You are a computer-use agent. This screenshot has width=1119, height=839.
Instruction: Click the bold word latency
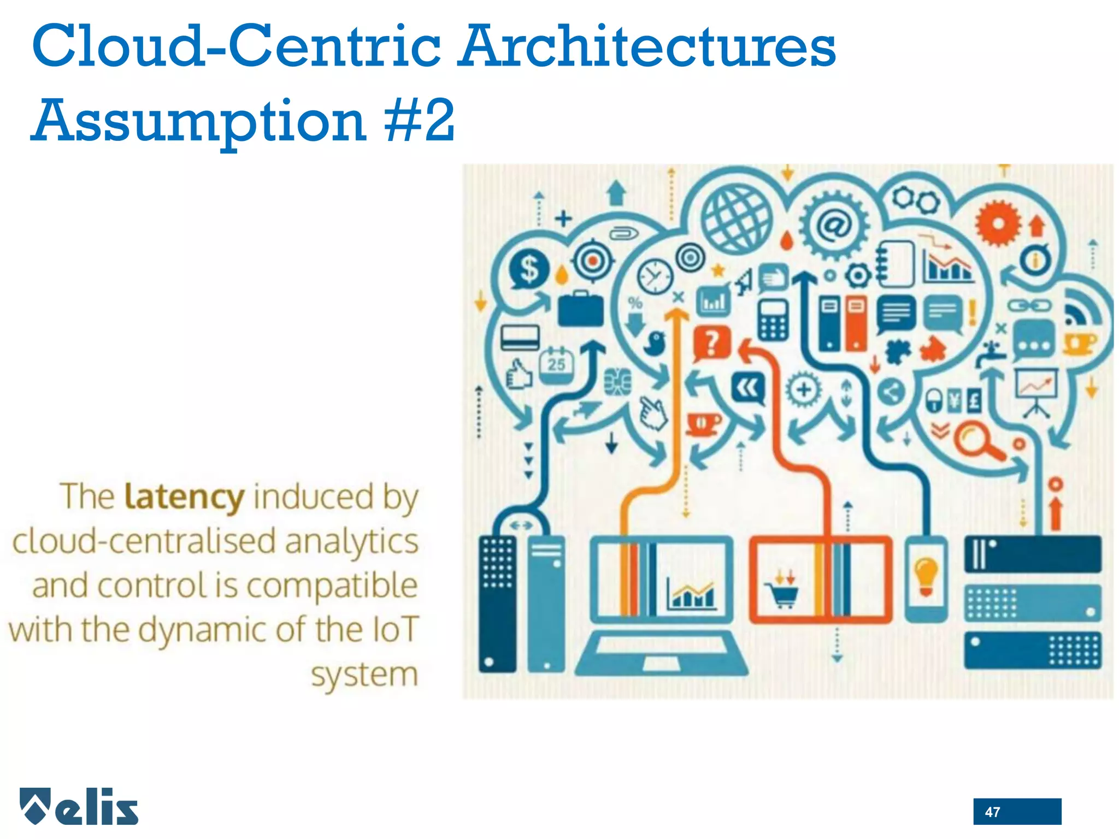pos(184,497)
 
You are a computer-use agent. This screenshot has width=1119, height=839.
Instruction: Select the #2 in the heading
pos(419,120)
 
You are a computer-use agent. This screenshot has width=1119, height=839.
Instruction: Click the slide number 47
pos(992,812)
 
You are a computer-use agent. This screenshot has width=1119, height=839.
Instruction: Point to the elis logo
pos(79,807)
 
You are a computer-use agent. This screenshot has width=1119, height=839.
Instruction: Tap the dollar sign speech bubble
pos(529,269)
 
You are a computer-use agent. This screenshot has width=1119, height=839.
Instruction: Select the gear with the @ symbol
pos(834,224)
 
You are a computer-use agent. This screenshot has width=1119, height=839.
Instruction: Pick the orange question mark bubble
pos(711,344)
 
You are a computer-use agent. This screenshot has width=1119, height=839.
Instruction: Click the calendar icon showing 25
pos(556,363)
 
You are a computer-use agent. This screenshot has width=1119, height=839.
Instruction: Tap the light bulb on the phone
pos(926,576)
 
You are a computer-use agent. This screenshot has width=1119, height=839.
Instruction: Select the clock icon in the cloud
pos(655,277)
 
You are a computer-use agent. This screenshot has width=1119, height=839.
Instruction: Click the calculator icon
pos(773,320)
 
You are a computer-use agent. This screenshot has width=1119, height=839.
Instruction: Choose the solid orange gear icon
pos(998,223)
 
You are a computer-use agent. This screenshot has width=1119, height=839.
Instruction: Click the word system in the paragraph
pos(364,675)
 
